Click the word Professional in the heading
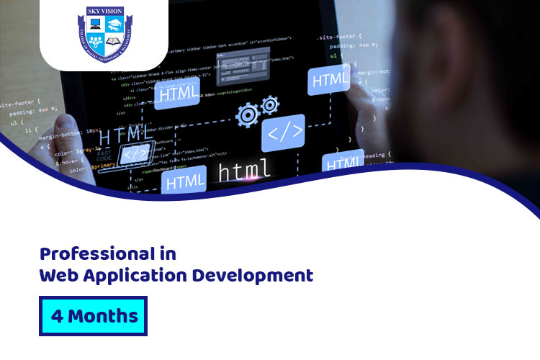pyautogui.click(x=98, y=254)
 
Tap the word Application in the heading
pyautogui.click(x=137, y=276)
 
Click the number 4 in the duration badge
pyautogui.click(x=57, y=315)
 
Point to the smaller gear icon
pyautogui.click(x=270, y=106)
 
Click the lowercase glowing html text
pyautogui.click(x=244, y=171)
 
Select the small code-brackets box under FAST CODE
pyautogui.click(x=136, y=153)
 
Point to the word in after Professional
pyautogui.click(x=168, y=254)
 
